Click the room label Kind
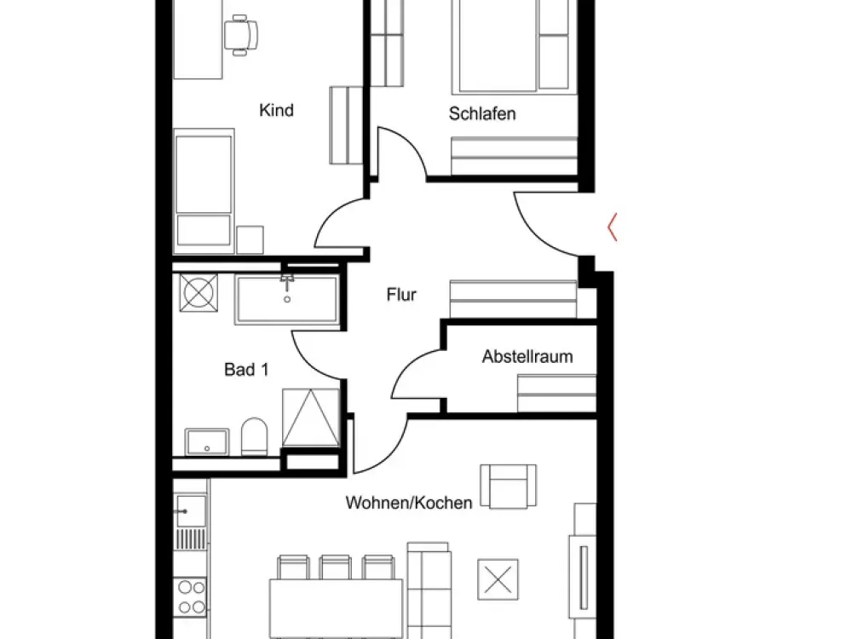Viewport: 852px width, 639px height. click(276, 110)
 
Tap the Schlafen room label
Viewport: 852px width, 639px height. click(482, 113)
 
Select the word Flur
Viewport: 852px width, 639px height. click(401, 295)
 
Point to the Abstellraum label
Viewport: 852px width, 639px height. click(527, 356)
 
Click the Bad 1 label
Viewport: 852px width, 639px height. click(246, 370)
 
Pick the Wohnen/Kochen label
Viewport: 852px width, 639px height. click(409, 503)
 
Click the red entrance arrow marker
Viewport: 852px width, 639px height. click(611, 227)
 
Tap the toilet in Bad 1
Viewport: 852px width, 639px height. click(254, 435)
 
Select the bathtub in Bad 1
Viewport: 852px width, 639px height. click(287, 299)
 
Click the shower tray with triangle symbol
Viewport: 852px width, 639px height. click(311, 417)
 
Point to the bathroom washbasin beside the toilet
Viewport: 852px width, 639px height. click(206, 441)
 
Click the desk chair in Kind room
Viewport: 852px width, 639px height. click(241, 35)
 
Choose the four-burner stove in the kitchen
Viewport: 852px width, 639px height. click(191, 596)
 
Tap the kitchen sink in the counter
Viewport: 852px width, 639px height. click(190, 510)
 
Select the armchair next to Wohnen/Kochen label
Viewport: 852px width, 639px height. click(508, 486)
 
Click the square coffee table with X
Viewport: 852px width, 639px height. click(498, 579)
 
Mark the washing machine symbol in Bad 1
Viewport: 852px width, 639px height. click(199, 293)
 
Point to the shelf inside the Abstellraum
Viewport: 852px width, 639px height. click(556, 393)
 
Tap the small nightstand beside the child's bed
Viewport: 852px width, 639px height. click(250, 239)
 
